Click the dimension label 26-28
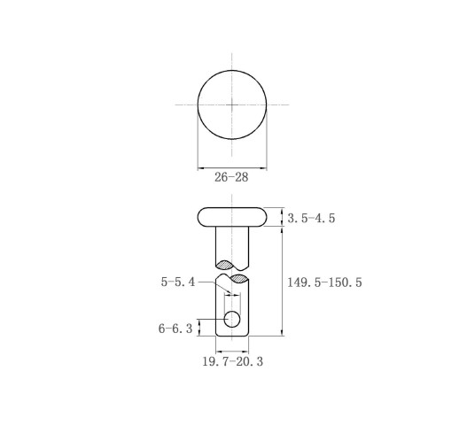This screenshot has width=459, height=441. (231, 177)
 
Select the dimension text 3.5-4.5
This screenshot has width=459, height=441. (311, 218)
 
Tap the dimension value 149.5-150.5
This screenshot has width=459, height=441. (324, 282)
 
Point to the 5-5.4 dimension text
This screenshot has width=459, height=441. (178, 282)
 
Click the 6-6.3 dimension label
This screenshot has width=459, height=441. (175, 329)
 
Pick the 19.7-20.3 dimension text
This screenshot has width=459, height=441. (232, 361)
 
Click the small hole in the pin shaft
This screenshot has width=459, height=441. (232, 319)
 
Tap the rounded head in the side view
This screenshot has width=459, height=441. (232, 217)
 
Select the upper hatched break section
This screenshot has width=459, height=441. (225, 265)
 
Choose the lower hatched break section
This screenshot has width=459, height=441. (238, 278)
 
